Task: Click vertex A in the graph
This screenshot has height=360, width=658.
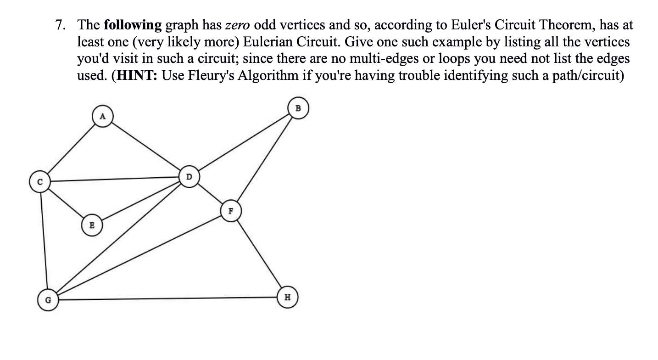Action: click(103, 116)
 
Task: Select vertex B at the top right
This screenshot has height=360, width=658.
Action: click(298, 108)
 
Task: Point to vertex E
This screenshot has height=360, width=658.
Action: click(92, 225)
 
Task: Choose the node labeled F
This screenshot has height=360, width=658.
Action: click(231, 211)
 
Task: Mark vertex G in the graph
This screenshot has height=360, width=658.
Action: click(48, 300)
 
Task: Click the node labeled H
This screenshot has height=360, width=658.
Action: click(287, 297)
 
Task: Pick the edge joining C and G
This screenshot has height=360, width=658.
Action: click(44, 241)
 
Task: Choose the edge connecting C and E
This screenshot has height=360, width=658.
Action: click(66, 203)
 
